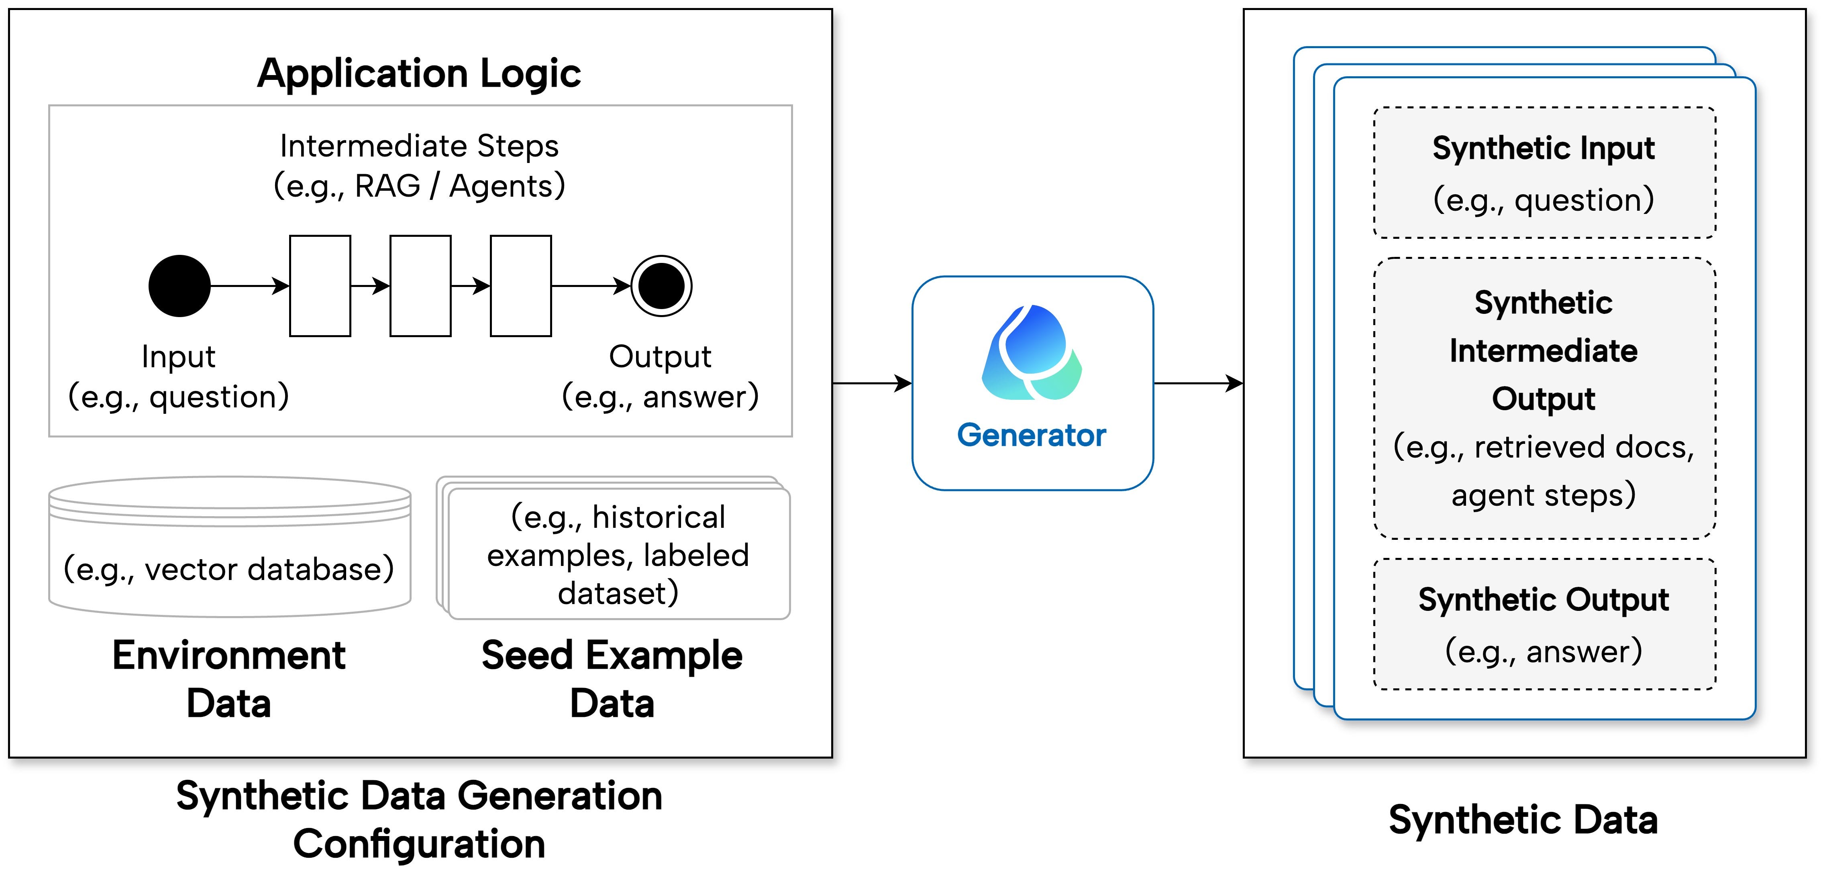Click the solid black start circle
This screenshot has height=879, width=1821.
click(x=179, y=285)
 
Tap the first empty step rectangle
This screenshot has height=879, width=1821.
click(x=320, y=285)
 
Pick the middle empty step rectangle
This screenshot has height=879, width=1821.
click(x=420, y=285)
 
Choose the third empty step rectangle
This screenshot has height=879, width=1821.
click(x=521, y=285)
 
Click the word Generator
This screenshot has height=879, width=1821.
click(x=1032, y=435)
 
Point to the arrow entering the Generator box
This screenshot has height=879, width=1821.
click(x=872, y=383)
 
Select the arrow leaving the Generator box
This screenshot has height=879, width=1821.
click(x=1198, y=383)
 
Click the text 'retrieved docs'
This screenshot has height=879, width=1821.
click(x=1583, y=447)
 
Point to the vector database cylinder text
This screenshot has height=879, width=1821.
click(x=229, y=569)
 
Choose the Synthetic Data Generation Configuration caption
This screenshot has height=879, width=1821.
click(x=419, y=820)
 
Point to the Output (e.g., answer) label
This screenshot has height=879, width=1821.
click(x=660, y=376)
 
